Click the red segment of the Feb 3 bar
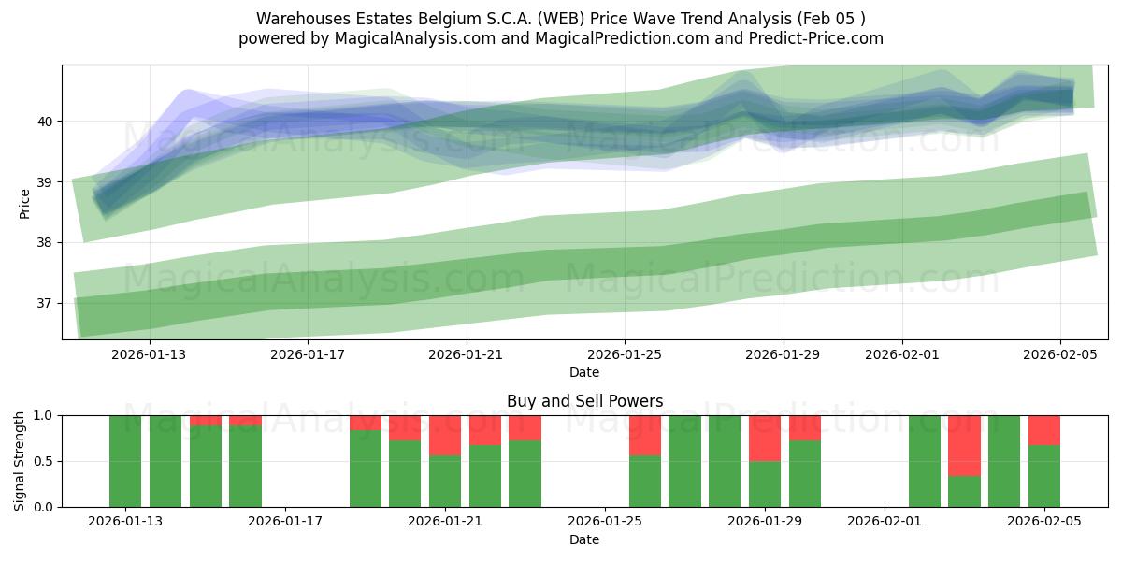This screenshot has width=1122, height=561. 964,445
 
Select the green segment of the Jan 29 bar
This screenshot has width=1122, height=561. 765,483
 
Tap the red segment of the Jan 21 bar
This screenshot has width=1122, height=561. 445,435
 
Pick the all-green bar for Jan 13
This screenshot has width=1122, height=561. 125,461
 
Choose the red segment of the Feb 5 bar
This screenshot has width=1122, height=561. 1043,429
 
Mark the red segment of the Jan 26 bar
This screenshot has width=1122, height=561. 645,435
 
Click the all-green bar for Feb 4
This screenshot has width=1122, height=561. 1004,461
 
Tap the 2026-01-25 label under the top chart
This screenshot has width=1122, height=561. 624,354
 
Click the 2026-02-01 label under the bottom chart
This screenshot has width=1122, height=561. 885,522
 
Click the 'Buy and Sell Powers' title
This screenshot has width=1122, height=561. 584,401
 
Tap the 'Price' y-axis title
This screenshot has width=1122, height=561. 24,203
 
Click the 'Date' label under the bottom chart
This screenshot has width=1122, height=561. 584,539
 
